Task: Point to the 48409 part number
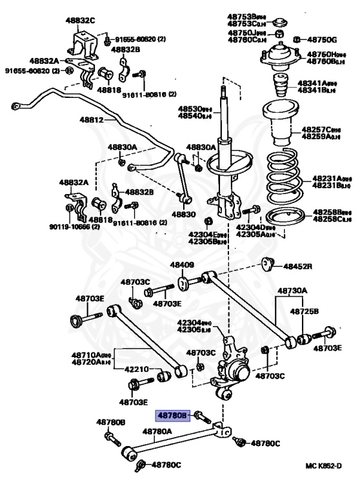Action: (x=182, y=265)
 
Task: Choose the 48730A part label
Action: (x=293, y=291)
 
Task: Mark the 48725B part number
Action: (x=304, y=311)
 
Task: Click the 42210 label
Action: (x=137, y=369)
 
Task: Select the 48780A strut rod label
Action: (x=157, y=431)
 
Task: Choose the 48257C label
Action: (x=326, y=130)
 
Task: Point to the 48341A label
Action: (x=326, y=84)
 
